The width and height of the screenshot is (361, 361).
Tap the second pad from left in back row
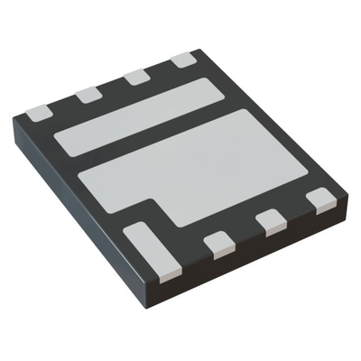tap(88, 94)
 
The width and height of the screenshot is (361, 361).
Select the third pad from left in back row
tap(137, 77)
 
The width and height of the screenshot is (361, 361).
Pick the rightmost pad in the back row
tap(183, 60)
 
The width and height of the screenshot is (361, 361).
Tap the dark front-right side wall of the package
tap(271, 262)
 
